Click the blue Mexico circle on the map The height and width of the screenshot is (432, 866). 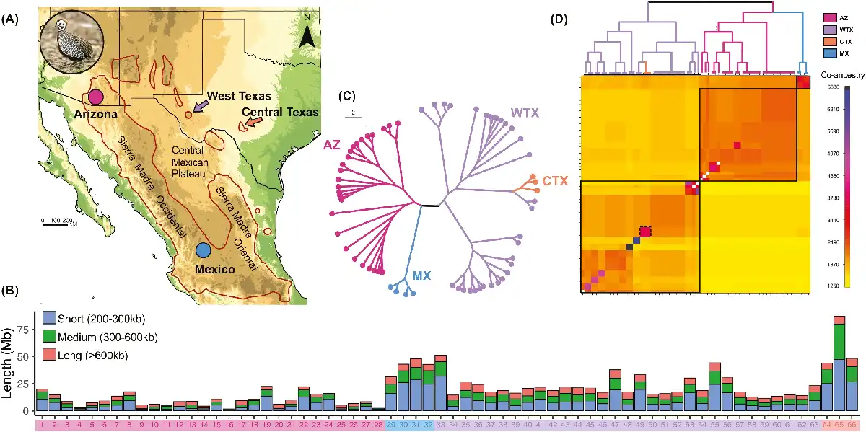[204, 250]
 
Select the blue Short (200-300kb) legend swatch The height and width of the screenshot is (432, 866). [49, 317]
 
